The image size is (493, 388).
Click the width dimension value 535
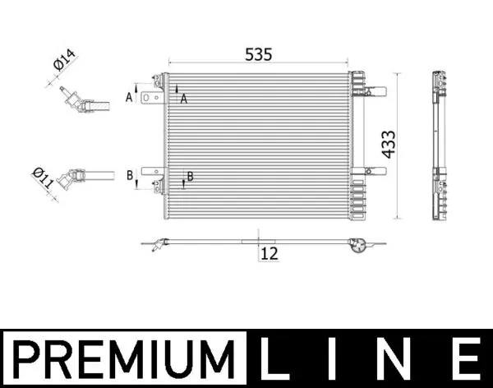coord(259,54)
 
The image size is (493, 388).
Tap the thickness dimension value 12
coord(269,254)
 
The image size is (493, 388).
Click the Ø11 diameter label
coord(43,178)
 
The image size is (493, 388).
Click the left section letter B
coord(129,176)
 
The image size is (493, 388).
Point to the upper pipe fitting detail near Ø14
coord(82,104)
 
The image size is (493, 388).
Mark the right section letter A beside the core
coord(184,99)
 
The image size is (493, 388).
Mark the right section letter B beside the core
coord(190,176)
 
